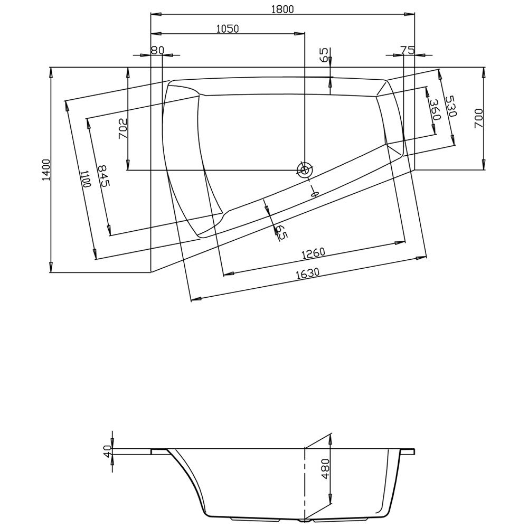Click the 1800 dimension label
(282, 9)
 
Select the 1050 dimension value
(227, 29)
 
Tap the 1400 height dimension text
(46, 170)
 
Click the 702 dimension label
(122, 129)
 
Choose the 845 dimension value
(103, 176)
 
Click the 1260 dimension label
(313, 253)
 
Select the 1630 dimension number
(308, 274)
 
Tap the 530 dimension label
(450, 106)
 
